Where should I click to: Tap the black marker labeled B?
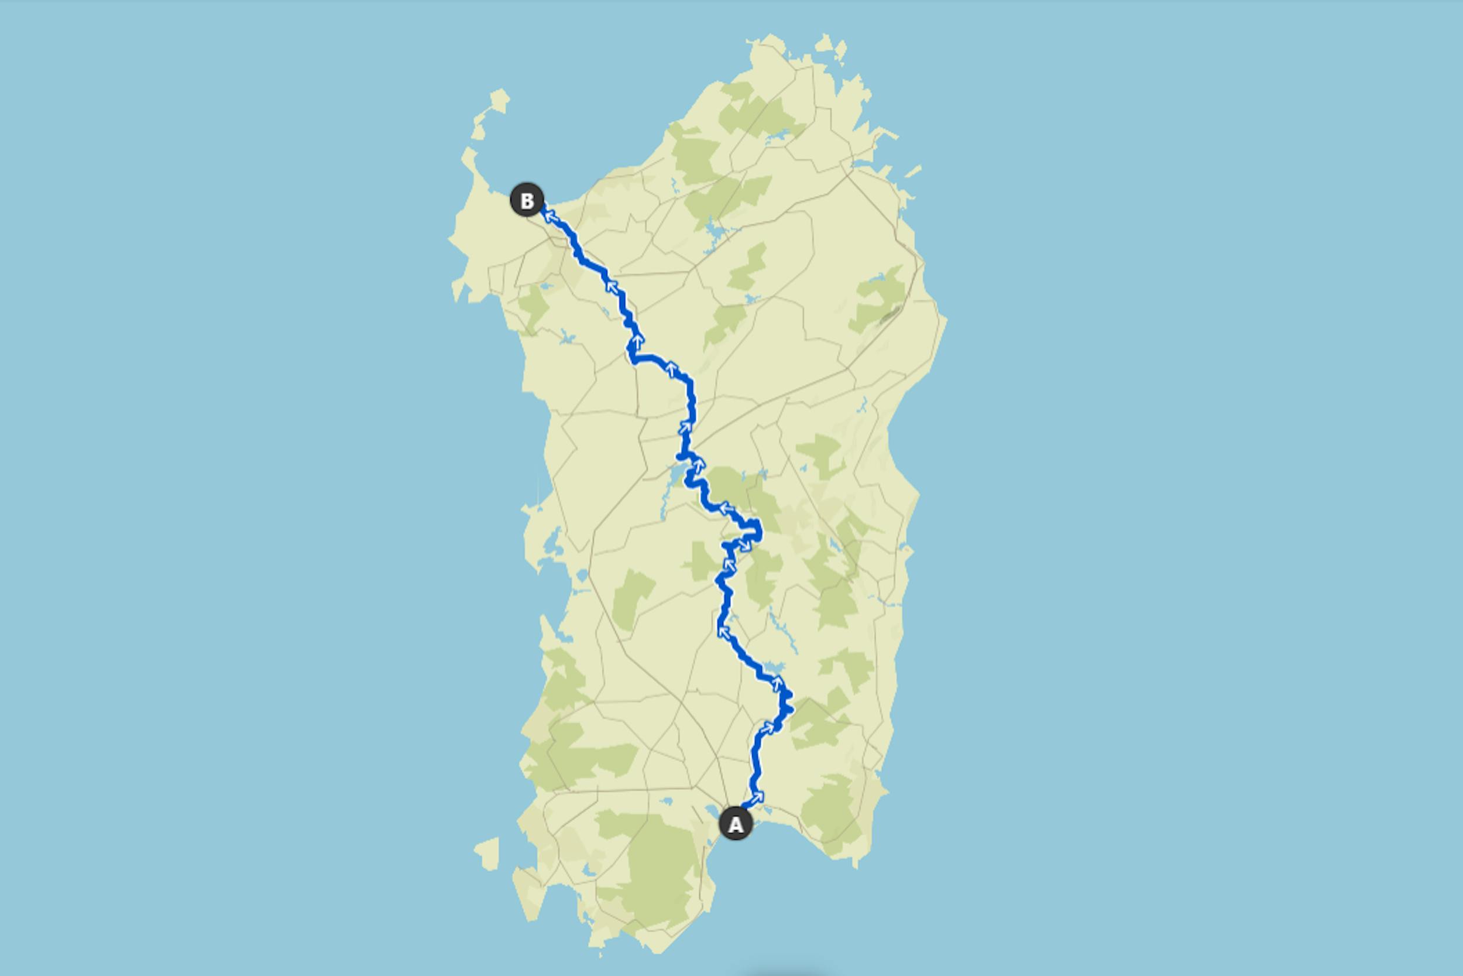[x=527, y=200]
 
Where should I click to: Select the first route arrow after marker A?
[x=757, y=797]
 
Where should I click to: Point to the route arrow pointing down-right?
[x=744, y=544]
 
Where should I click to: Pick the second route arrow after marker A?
[x=768, y=727]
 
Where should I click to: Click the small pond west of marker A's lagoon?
[x=666, y=801]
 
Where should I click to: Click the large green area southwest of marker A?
[x=660, y=865]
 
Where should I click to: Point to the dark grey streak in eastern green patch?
[x=890, y=315]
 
